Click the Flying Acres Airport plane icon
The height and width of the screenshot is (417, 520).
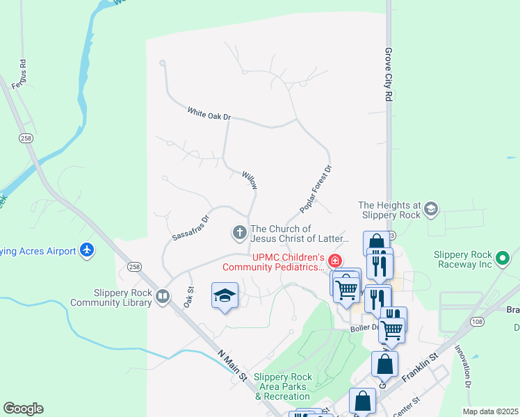87,250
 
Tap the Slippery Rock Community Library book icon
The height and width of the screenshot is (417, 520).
163,297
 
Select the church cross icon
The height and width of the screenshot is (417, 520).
239,233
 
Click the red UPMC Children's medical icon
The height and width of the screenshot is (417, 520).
335,261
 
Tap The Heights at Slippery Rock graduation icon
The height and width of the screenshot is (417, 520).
431,209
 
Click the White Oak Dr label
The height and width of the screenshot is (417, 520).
209,113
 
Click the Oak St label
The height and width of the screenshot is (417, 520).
188,297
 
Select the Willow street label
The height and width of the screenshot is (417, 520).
250,181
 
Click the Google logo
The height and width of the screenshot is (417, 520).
23,409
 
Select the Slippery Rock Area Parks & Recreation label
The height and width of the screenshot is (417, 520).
282,386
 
